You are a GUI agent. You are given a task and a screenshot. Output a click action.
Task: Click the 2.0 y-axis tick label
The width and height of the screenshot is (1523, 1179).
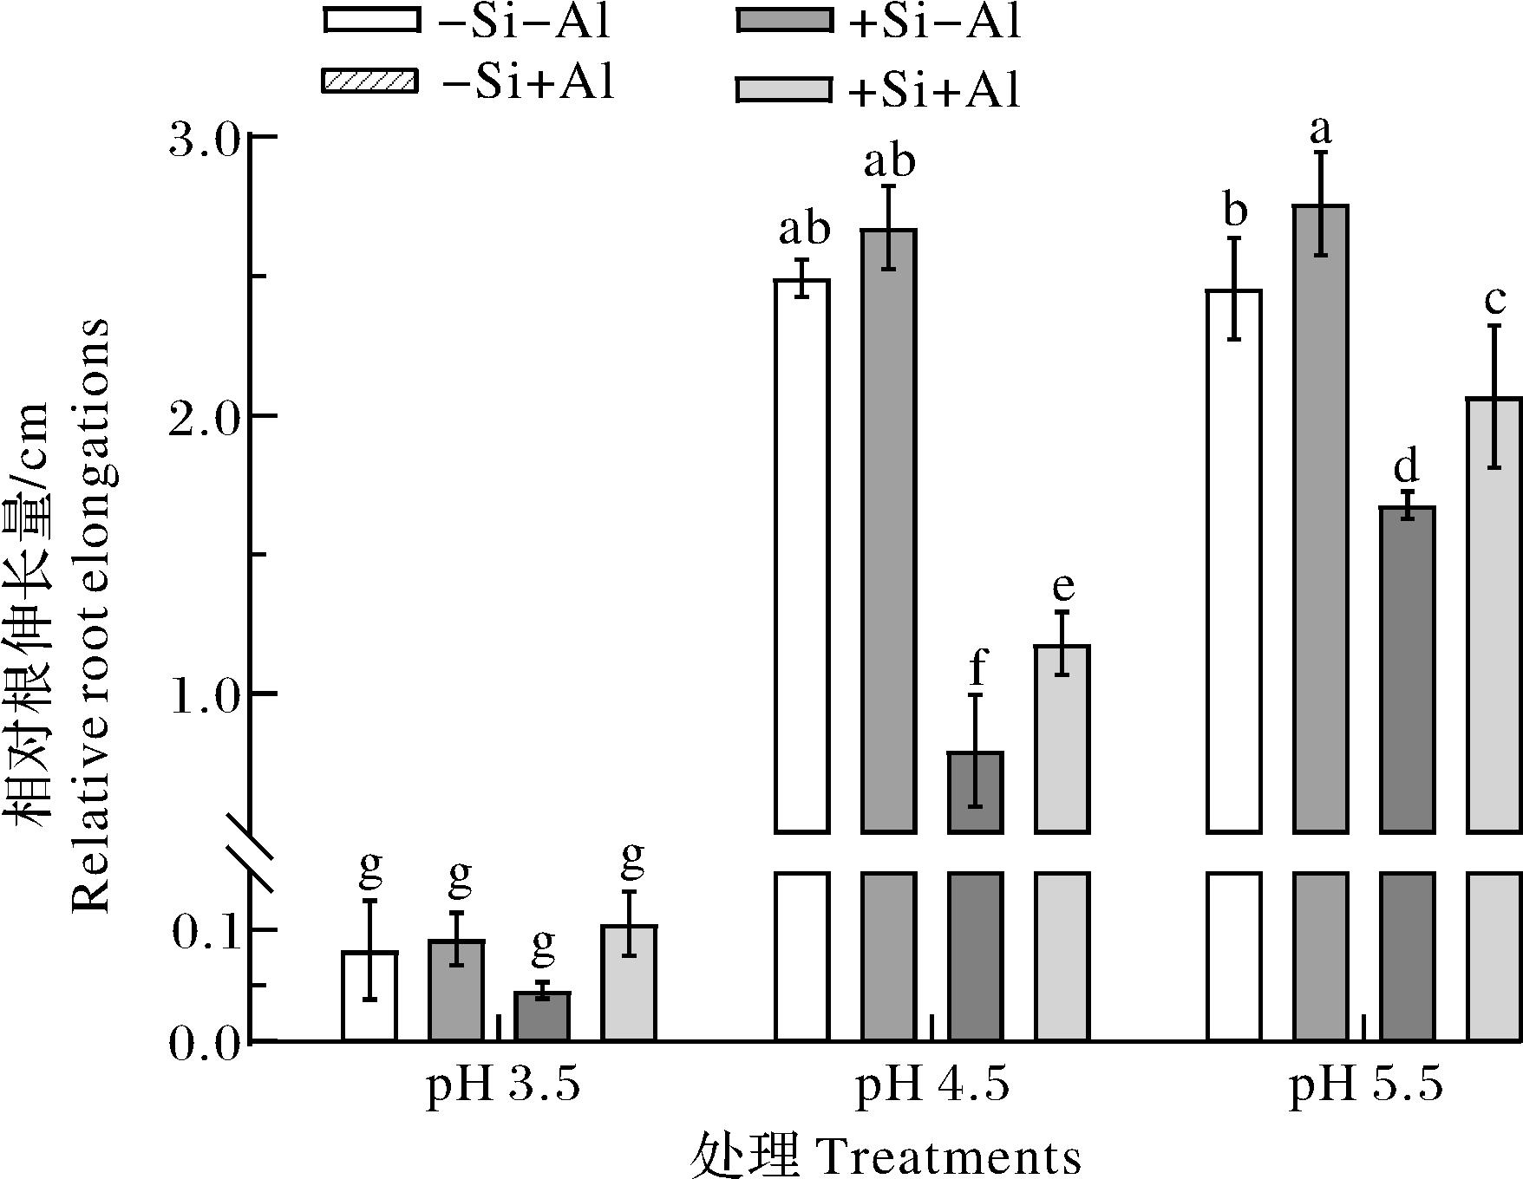click(202, 417)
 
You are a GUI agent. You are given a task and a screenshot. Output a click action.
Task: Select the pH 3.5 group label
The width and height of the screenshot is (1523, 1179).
click(502, 1085)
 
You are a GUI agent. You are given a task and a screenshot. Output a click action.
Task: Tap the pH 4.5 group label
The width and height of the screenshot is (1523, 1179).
click(933, 1085)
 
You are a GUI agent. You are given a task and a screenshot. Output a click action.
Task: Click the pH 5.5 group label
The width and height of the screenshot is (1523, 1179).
click(1366, 1085)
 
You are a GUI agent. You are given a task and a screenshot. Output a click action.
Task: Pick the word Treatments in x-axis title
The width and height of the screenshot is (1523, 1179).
click(949, 1156)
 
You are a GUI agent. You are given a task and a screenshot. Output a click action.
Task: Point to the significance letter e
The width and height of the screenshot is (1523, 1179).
click(1063, 587)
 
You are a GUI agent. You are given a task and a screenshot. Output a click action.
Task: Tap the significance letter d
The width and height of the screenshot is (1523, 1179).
click(1406, 467)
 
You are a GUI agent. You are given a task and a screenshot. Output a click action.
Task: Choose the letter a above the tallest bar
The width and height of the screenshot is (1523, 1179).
click(1319, 131)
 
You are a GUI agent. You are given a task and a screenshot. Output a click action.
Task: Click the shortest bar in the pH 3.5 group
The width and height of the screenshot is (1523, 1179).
click(542, 1016)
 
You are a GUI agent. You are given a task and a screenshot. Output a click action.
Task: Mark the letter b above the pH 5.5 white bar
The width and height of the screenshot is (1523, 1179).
click(1234, 211)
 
